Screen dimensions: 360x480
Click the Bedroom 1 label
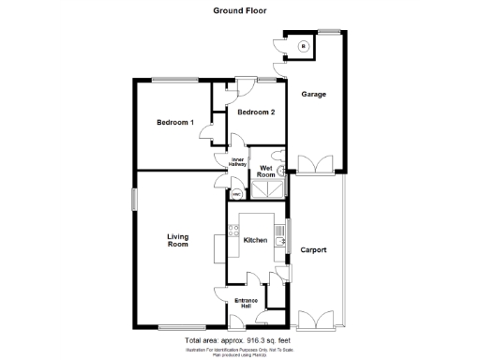pyautogui.click(x=174, y=123)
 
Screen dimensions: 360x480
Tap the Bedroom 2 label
pyautogui.click(x=255, y=113)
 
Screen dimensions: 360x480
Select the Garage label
pyautogui.click(x=313, y=95)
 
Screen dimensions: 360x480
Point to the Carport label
pyautogui.click(x=313, y=249)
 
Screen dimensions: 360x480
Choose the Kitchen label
pyautogui.click(x=256, y=241)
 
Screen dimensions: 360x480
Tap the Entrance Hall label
pyautogui.click(x=247, y=303)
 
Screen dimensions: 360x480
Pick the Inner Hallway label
pyautogui.click(x=237, y=161)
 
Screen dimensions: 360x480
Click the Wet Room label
pyautogui.click(x=267, y=172)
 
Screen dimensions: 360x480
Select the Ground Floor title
pyautogui.click(x=240, y=11)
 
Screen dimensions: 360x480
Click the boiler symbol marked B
pyautogui.click(x=302, y=46)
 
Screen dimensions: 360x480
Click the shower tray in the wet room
pyautogui.click(x=269, y=190)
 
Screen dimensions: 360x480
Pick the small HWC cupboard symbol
pyautogui.click(x=236, y=195)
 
